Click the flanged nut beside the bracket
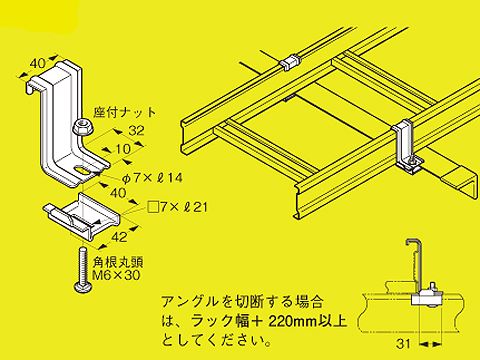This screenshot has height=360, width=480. [82, 127]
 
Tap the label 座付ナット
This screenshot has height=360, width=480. [124, 112]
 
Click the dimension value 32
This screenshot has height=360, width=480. [136, 130]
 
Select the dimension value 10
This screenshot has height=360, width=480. [123, 148]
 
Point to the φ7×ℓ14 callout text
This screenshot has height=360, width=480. [152, 178]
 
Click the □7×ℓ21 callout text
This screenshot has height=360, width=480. [177, 208]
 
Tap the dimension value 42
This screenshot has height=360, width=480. [119, 237]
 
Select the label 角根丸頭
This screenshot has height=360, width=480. [118, 262]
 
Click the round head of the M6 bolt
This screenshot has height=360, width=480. [82, 287]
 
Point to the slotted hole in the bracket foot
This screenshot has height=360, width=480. [82, 171]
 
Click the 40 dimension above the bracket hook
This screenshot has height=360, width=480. [37, 63]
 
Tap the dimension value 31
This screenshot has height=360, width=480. [403, 343]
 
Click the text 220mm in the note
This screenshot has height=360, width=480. [292, 321]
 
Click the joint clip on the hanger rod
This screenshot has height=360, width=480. [290, 62]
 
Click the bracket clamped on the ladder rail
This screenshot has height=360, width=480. [406, 147]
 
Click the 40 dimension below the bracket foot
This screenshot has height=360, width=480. [117, 193]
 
